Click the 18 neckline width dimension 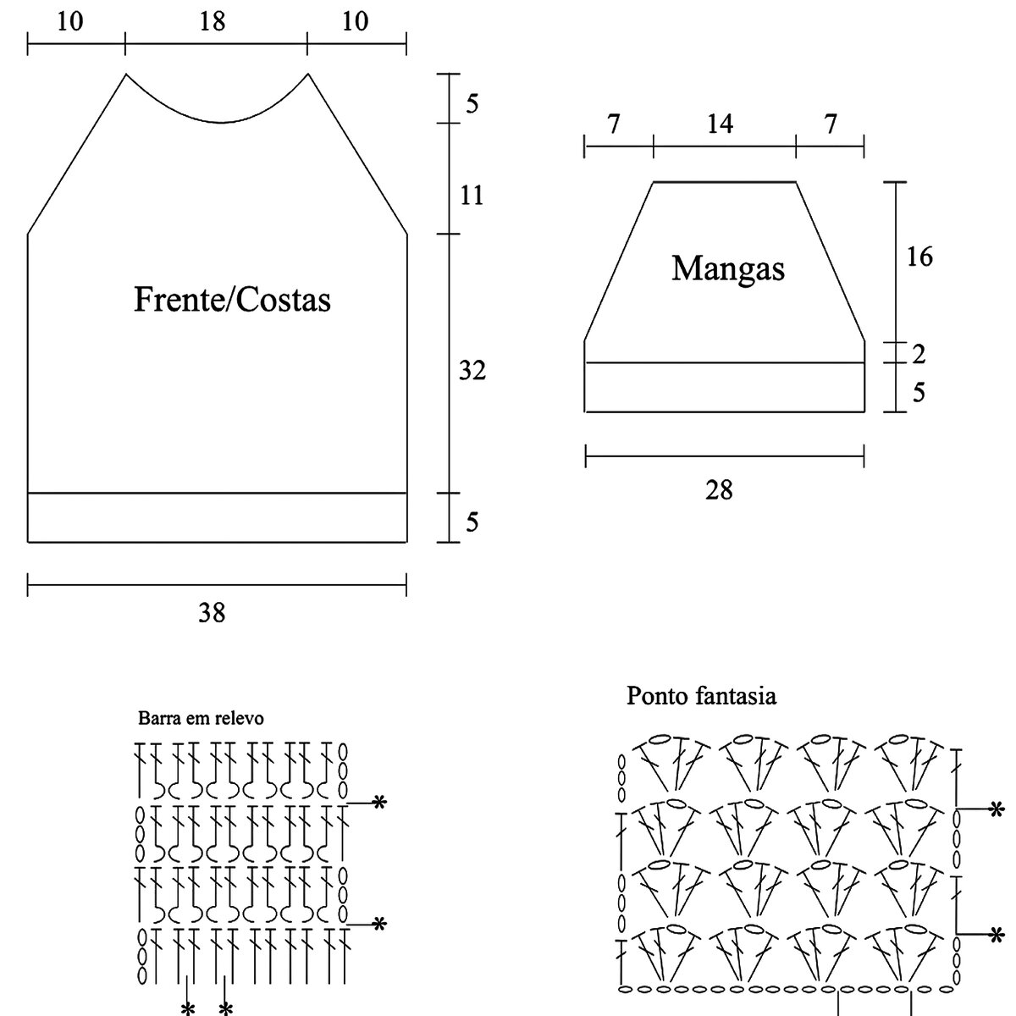point(213,21)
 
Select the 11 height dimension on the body point(472,196)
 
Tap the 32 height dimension point(472,370)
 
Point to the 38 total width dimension point(212,612)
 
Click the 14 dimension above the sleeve point(720,124)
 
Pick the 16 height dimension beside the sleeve point(919,257)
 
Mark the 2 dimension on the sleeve point(919,354)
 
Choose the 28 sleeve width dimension point(719,490)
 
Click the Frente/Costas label point(232,300)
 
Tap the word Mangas point(728,268)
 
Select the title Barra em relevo point(201,718)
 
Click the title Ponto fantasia point(701,696)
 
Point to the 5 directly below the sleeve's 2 point(919,392)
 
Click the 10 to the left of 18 point(70,21)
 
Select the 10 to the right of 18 point(356,21)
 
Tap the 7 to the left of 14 point(615,124)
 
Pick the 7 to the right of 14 point(831,124)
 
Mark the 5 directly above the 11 point(472,103)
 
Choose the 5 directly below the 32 point(472,522)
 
